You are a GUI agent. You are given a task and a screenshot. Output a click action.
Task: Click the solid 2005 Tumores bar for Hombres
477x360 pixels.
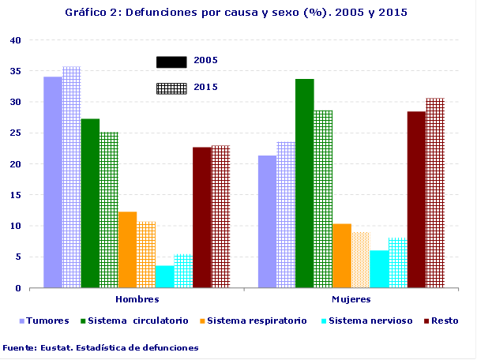pyautogui.click(x=53, y=182)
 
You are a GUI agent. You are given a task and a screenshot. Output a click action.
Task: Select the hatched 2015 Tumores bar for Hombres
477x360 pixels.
pyautogui.click(x=71, y=178)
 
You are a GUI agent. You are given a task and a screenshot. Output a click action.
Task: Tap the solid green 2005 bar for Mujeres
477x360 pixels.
pyautogui.click(x=304, y=183)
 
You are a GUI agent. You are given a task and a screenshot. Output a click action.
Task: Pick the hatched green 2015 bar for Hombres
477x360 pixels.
pyautogui.click(x=108, y=210)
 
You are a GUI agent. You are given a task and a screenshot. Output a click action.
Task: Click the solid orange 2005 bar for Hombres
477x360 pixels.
pyautogui.click(x=127, y=249)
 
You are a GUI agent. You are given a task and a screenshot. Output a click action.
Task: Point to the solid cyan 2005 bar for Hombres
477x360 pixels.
pyautogui.click(x=164, y=276)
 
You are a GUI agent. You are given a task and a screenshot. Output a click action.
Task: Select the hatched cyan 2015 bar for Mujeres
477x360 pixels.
pyautogui.click(x=397, y=263)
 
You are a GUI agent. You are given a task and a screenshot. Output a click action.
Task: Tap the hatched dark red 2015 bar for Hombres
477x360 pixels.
pyautogui.click(x=220, y=216)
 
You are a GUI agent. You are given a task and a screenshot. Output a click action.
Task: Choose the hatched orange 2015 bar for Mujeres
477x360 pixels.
pyautogui.click(x=360, y=260)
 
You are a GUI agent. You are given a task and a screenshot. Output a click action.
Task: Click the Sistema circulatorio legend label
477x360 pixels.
pyautogui.click(x=138, y=321)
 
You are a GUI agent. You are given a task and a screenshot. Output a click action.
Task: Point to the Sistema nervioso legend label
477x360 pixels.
pyautogui.click(x=370, y=321)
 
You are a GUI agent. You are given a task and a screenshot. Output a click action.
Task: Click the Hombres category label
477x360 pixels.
pyautogui.click(x=137, y=299)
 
